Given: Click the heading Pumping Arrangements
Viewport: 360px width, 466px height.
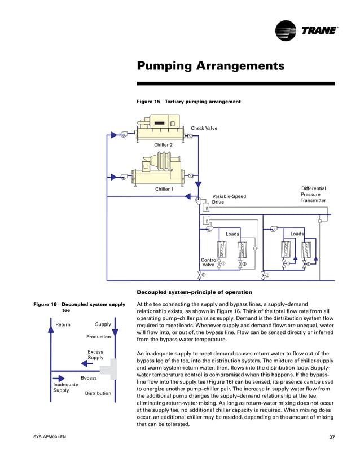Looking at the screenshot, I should (210, 67).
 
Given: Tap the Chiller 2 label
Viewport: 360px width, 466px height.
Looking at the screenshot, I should (164, 144).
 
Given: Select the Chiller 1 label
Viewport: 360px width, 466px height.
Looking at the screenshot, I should (164, 189).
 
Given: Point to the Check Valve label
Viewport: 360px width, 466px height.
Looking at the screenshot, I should (204, 128).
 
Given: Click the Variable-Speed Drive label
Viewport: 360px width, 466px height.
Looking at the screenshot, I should (229, 199).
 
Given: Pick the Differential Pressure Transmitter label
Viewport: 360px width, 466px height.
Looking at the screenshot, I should (313, 194).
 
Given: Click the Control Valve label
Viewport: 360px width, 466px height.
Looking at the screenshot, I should (208, 262).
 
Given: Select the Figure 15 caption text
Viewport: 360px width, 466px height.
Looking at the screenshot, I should (189, 102).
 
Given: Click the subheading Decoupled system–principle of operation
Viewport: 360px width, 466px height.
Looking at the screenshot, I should (195, 292).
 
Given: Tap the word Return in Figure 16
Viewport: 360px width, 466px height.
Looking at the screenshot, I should (63, 324).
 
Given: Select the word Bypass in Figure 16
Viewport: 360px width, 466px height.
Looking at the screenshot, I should (89, 377).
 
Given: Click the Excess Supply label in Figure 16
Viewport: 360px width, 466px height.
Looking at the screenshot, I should (95, 354).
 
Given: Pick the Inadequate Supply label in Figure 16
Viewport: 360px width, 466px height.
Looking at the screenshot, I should (65, 388).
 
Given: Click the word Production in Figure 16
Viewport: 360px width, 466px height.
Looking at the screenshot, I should (98, 337).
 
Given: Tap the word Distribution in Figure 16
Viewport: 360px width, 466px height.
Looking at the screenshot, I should (98, 393).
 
